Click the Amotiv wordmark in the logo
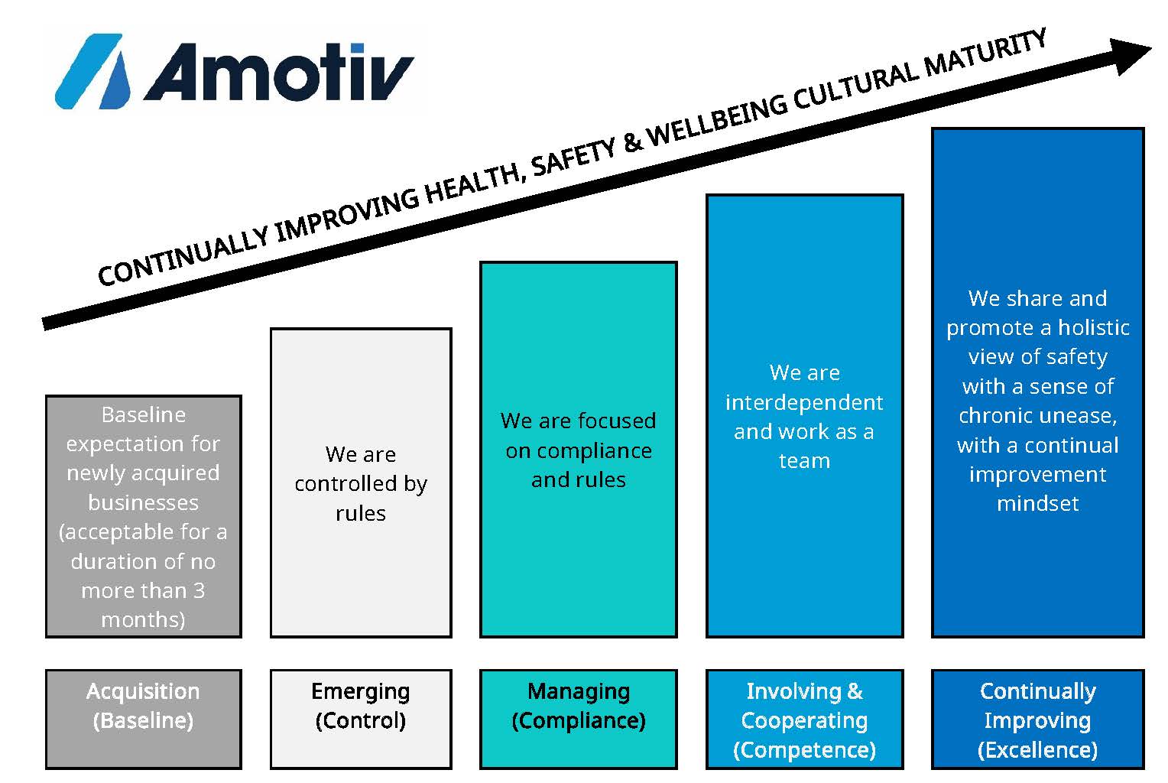279,71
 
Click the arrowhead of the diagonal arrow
1131,56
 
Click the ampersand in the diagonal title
632,141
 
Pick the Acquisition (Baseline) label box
144,719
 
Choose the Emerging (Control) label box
361,719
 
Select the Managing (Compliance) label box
578,719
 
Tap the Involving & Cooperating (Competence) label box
805,719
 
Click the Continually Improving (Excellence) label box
1037,719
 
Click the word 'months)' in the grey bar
144,619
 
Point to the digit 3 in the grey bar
199,590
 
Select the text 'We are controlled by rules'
361,483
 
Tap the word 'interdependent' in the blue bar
804,402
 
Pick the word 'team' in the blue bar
805,461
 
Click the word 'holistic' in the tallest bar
1094,327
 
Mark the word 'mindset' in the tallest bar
1037,503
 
